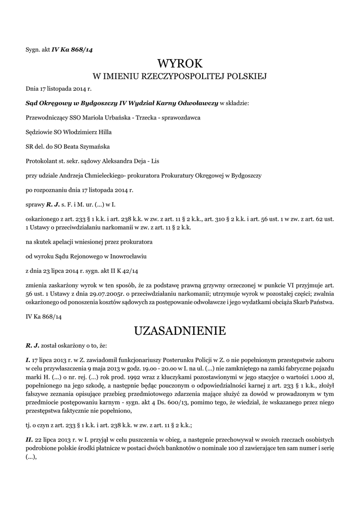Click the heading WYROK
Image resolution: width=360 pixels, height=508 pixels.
click(x=180, y=63)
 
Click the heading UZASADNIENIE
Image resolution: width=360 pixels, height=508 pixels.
click(x=180, y=331)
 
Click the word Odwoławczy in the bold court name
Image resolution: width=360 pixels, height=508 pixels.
click(x=198, y=104)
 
